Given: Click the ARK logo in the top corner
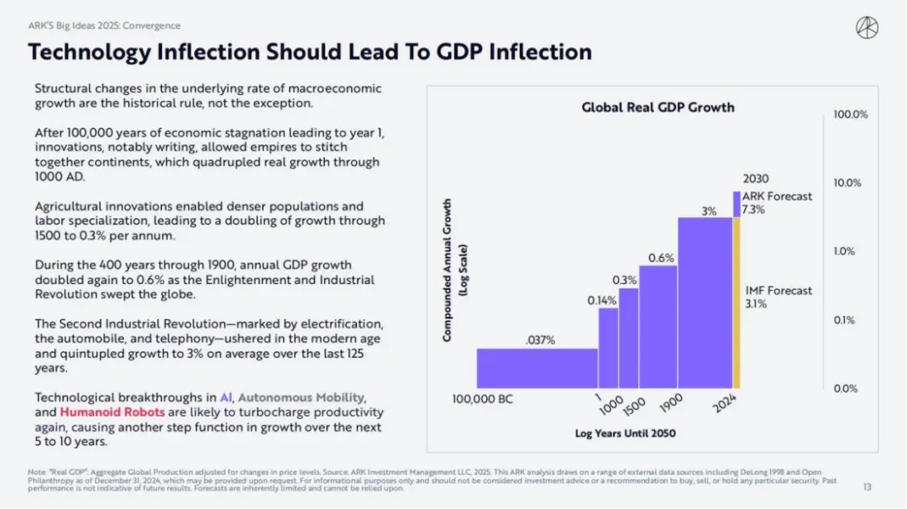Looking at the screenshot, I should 867,28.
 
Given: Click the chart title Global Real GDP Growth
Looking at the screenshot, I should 658,108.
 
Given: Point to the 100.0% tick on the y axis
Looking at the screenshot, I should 850,114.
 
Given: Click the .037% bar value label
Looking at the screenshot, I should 540,340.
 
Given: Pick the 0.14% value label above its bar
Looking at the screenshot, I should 601,300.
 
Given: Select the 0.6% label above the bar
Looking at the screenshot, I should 661,258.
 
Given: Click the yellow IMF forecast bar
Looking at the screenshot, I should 737,302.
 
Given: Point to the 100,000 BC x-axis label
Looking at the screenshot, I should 482,399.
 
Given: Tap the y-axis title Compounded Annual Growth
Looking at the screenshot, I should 453,270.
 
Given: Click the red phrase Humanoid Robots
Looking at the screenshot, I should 112,412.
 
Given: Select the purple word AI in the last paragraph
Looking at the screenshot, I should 225,397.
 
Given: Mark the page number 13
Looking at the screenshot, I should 868,486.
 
